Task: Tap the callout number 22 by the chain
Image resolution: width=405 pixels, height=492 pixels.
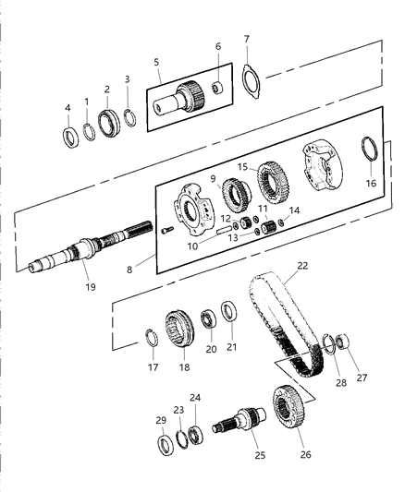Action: [x=302, y=266]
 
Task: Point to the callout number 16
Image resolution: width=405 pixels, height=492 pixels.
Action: [x=372, y=184]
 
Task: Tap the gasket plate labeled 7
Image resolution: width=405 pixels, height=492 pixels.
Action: [x=250, y=78]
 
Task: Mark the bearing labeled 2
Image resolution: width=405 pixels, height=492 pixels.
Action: [x=106, y=121]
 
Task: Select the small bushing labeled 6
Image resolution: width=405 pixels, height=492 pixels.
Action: [x=218, y=88]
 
